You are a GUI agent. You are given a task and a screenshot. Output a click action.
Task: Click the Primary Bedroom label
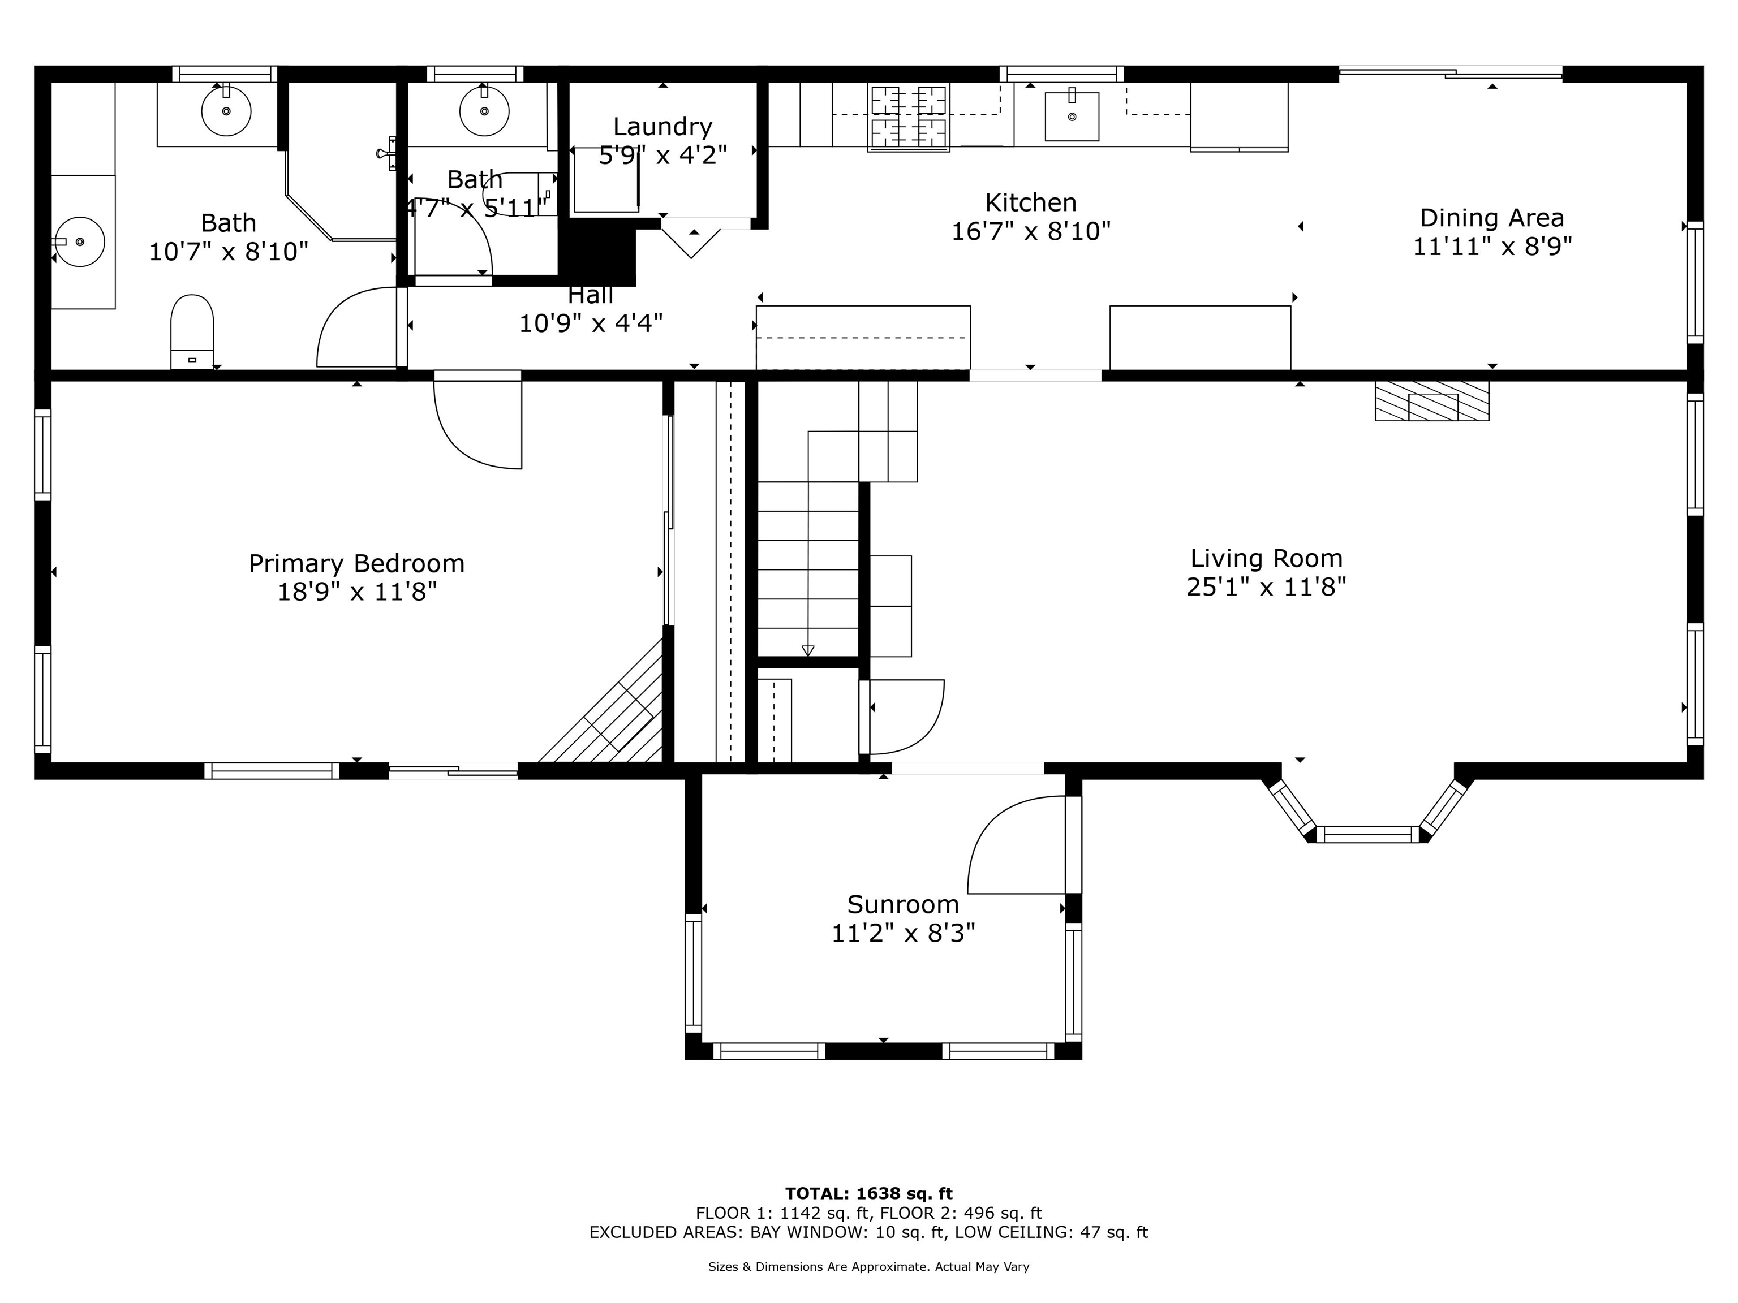pyautogui.click(x=357, y=563)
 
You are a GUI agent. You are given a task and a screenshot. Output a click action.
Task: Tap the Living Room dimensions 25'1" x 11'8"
pyautogui.click(x=1266, y=586)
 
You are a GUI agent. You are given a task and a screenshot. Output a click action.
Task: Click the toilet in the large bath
pyautogui.click(x=192, y=331)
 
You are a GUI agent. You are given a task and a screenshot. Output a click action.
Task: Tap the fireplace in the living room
pyautogui.click(x=1431, y=400)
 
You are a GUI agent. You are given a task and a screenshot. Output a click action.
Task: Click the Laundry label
pyautogui.click(x=662, y=127)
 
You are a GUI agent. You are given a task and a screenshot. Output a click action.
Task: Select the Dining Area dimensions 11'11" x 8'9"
pyautogui.click(x=1492, y=247)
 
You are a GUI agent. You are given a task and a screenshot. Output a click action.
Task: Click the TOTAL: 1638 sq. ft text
pyautogui.click(x=869, y=1194)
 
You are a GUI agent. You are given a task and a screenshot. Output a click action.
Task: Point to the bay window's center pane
pyautogui.click(x=1368, y=834)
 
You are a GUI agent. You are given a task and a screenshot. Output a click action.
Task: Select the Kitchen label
pyautogui.click(x=1031, y=202)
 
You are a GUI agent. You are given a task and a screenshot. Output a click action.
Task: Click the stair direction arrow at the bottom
pyautogui.click(x=808, y=650)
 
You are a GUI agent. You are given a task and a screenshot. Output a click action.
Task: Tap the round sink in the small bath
pyautogui.click(x=484, y=111)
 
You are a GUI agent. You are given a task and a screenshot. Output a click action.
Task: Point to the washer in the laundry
pyautogui.click(x=606, y=180)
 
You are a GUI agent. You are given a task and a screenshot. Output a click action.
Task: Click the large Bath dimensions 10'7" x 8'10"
pyautogui.click(x=229, y=251)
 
